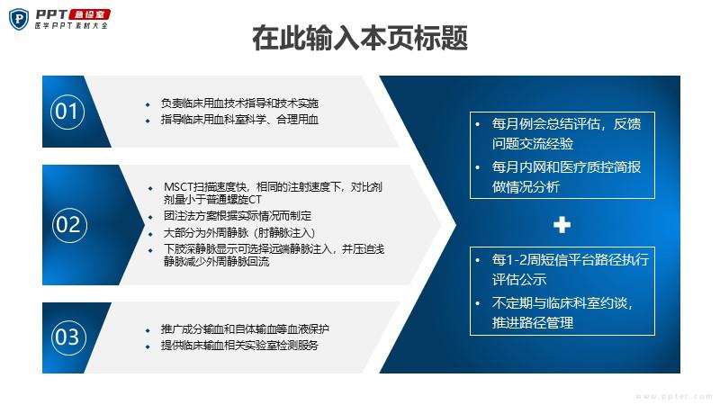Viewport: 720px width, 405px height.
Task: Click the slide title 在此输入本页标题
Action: click(x=360, y=38)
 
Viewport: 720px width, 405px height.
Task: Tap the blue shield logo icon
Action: click(x=19, y=19)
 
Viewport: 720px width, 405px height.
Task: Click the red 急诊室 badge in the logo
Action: click(x=89, y=14)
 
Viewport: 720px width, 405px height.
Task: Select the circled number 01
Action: click(x=67, y=112)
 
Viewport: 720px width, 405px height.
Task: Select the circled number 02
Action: click(x=69, y=224)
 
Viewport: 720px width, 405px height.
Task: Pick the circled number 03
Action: click(x=68, y=337)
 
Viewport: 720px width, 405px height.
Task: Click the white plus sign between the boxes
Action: click(x=562, y=225)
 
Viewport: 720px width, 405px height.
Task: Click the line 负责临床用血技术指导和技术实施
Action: click(x=239, y=103)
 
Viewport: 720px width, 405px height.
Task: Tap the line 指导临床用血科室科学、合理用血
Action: click(x=239, y=120)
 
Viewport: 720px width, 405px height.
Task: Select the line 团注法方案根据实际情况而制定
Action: click(x=238, y=216)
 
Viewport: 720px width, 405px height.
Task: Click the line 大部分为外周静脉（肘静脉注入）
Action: click(x=239, y=233)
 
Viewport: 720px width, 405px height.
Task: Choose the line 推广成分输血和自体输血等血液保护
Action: click(x=245, y=329)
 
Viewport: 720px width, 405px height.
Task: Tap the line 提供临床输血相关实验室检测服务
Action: click(x=239, y=346)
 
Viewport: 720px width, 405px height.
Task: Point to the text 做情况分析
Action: click(x=526, y=187)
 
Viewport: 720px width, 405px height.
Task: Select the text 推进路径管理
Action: click(x=533, y=323)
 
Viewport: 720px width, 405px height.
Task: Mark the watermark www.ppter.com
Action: click(x=674, y=396)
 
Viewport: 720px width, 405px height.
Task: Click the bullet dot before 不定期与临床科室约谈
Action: click(x=478, y=303)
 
